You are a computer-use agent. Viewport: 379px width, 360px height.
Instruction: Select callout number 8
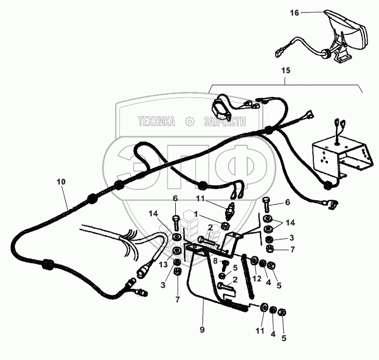214,261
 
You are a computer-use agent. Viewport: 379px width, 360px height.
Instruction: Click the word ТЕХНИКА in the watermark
156,122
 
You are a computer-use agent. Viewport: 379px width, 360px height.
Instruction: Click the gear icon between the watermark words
189,122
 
